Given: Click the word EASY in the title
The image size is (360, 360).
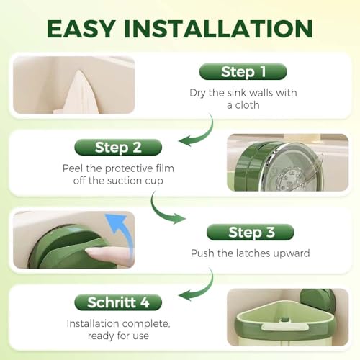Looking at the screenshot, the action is pyautogui.click(x=81, y=29).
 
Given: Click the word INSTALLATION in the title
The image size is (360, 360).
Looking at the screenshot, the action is pyautogui.click(x=218, y=29).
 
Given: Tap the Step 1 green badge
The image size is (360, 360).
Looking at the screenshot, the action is pyautogui.click(x=243, y=71).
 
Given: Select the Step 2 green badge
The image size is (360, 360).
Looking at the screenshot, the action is pyautogui.click(x=118, y=147).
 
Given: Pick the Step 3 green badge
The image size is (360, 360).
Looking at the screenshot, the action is pyautogui.click(x=251, y=232).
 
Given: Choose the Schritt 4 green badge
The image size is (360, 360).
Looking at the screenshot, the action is pyautogui.click(x=118, y=302).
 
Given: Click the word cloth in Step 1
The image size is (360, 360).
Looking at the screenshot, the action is pyautogui.click(x=247, y=105).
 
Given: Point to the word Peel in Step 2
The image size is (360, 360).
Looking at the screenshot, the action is pyautogui.click(x=73, y=168).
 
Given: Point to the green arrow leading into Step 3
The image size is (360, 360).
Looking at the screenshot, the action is pyautogui.click(x=160, y=211).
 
